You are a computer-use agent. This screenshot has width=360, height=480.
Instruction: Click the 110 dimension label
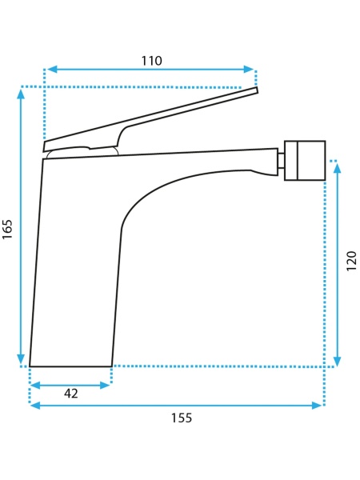click(151, 61)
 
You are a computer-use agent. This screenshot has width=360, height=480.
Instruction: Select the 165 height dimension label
click(7, 230)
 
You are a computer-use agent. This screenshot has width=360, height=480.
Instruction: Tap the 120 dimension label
click(352, 261)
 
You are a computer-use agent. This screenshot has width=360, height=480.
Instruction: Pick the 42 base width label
click(71, 394)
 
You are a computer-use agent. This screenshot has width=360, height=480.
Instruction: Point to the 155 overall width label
click(182, 418)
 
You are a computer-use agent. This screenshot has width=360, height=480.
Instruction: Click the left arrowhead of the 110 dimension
click(52, 69)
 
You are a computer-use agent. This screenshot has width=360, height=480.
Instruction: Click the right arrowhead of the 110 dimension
click(249, 69)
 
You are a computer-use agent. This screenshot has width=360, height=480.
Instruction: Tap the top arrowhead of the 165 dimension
click(21, 94)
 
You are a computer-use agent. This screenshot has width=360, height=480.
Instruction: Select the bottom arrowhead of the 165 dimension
click(21, 358)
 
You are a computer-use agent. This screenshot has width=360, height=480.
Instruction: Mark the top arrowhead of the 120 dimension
click(337, 168)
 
